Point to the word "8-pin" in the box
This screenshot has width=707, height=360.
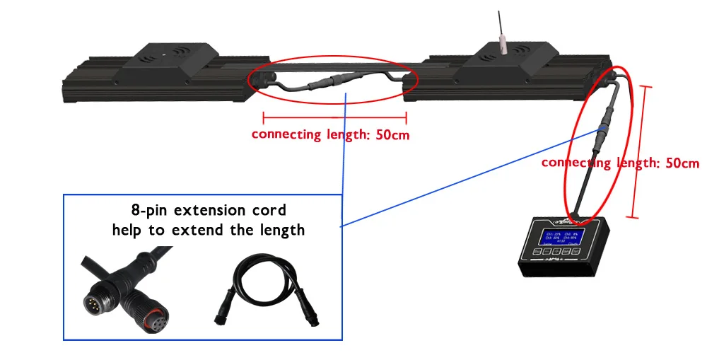click(x=147, y=210)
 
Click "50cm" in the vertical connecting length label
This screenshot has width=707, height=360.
click(x=680, y=163)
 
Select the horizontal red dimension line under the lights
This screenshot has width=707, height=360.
click(x=334, y=117)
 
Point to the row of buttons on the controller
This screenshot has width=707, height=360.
click(x=556, y=250)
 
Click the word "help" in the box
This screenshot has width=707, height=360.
click(x=129, y=230)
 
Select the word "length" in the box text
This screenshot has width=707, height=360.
click(x=281, y=230)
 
